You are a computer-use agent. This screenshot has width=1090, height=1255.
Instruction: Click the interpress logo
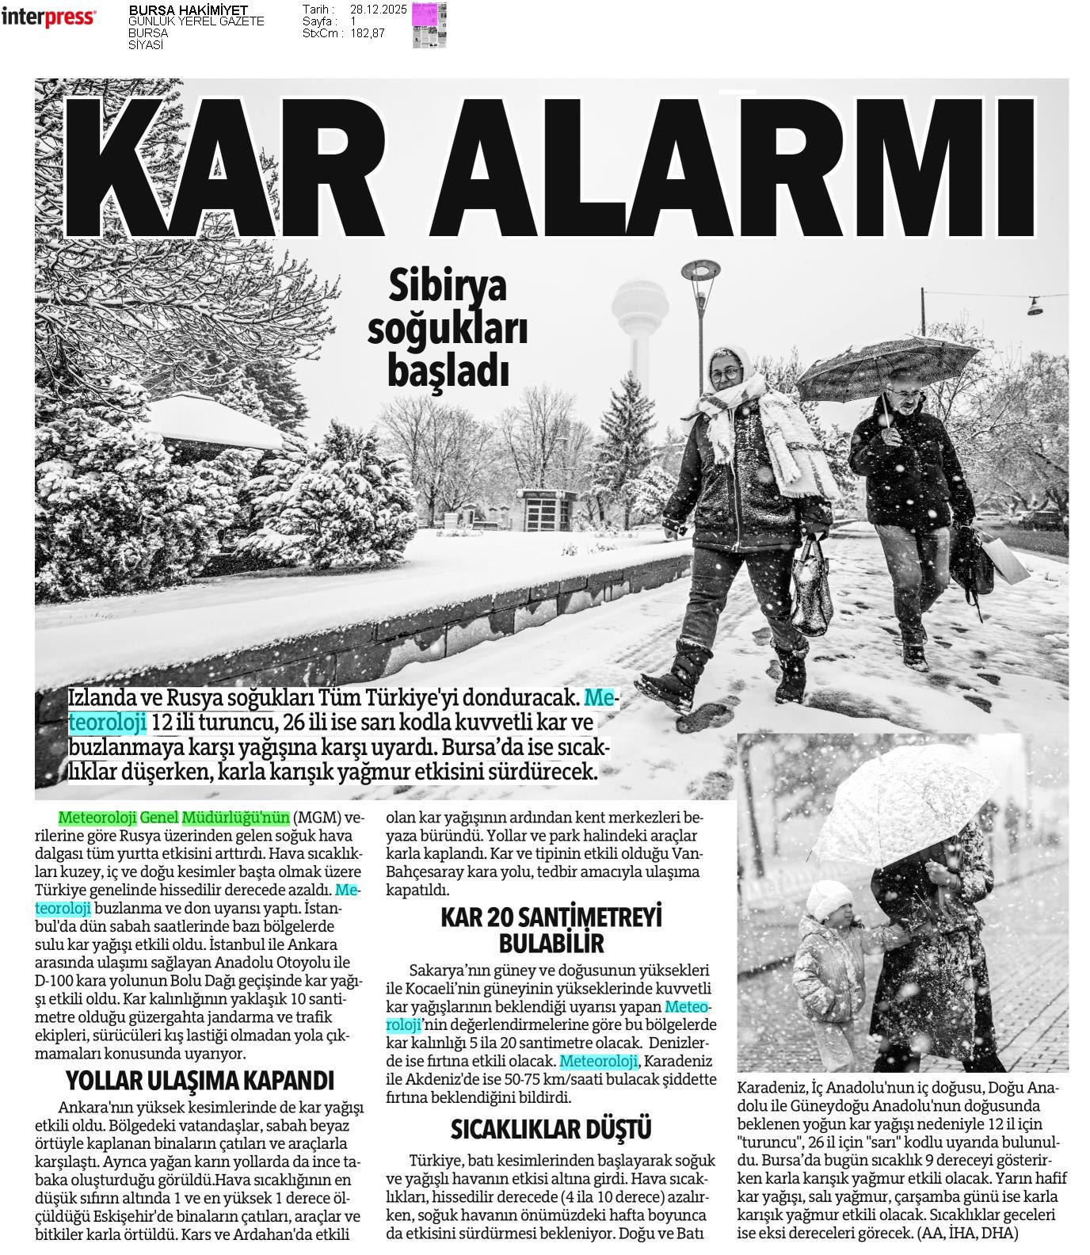pyautogui.click(x=48, y=17)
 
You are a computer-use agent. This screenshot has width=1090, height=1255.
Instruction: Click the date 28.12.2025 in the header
pyautogui.click(x=378, y=10)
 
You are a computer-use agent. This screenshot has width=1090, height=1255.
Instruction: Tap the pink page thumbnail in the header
pyautogui.click(x=429, y=25)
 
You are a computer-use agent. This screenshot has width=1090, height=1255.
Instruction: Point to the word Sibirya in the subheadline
pyautogui.click(x=447, y=287)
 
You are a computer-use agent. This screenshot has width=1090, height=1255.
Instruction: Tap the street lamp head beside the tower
pyautogui.click(x=700, y=269)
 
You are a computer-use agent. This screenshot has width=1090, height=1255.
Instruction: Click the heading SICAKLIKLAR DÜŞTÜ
pyautogui.click(x=551, y=1128)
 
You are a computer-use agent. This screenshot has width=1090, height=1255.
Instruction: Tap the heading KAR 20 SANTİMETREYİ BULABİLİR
pyautogui.click(x=551, y=929)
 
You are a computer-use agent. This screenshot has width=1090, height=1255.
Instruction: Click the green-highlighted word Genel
pyautogui.click(x=159, y=817)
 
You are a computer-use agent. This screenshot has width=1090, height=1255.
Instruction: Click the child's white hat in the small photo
pyautogui.click(x=829, y=898)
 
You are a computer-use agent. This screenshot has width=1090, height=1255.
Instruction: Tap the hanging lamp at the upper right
pyautogui.click(x=1035, y=305)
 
